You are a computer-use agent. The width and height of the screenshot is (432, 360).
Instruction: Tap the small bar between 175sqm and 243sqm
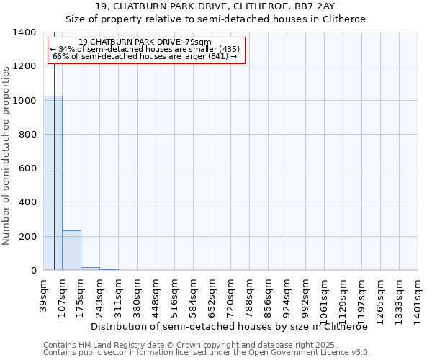[90, 269]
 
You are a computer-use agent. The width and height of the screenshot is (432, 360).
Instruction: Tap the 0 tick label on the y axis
[32, 271]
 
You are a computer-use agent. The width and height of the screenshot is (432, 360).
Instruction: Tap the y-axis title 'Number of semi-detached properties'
[6, 155]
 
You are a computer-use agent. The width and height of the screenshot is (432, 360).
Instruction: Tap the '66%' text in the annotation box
[60, 56]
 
